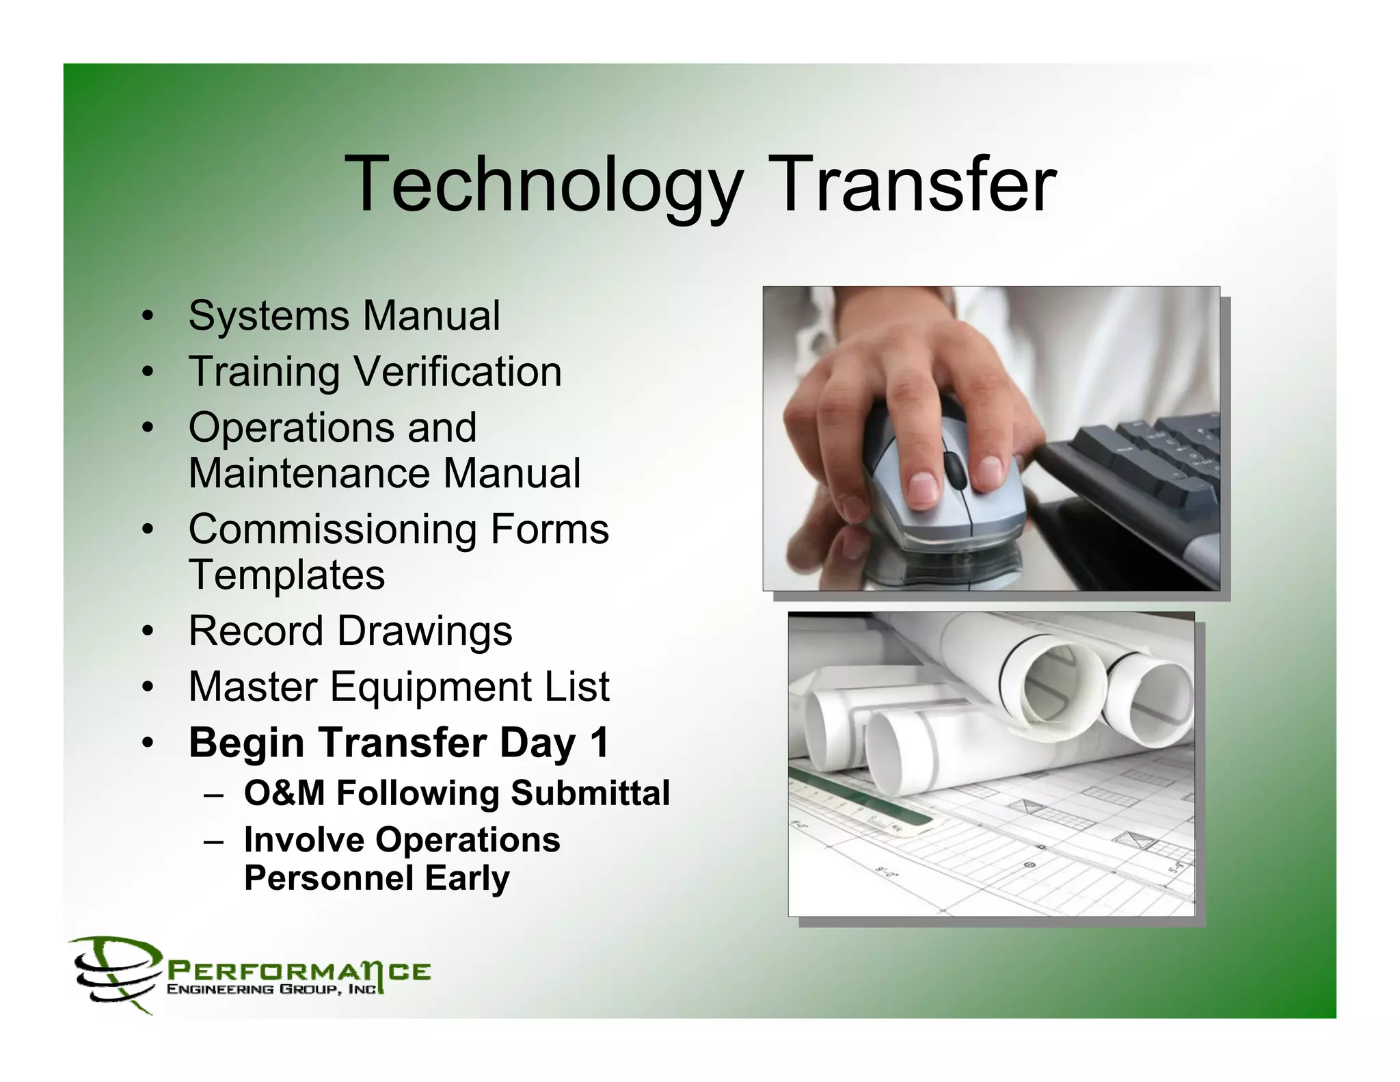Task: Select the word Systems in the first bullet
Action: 268,316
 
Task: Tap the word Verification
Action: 457,372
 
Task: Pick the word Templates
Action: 286,575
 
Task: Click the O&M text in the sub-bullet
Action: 284,793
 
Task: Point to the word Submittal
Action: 589,793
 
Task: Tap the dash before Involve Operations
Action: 213,841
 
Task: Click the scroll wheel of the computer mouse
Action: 952,469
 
